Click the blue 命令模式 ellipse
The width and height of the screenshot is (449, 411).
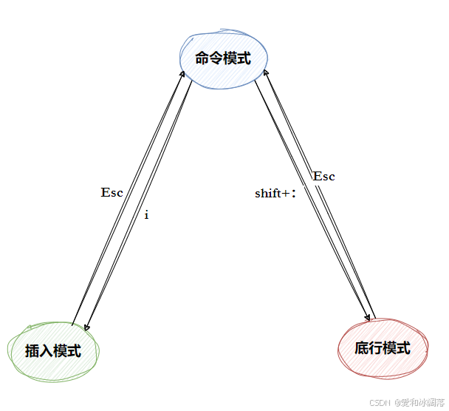click(224, 58)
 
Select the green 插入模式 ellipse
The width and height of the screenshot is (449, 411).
click(52, 350)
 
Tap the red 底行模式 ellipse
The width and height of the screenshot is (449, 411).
click(382, 347)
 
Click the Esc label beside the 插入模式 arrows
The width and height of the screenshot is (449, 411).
click(112, 192)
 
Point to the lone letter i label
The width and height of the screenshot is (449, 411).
click(146, 215)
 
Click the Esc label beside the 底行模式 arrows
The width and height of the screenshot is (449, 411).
click(323, 176)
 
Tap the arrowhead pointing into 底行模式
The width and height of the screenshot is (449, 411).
click(366, 318)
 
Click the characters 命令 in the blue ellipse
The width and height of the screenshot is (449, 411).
click(209, 58)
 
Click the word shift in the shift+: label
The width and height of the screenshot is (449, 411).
click(268, 194)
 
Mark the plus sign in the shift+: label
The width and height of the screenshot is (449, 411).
click(287, 194)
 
